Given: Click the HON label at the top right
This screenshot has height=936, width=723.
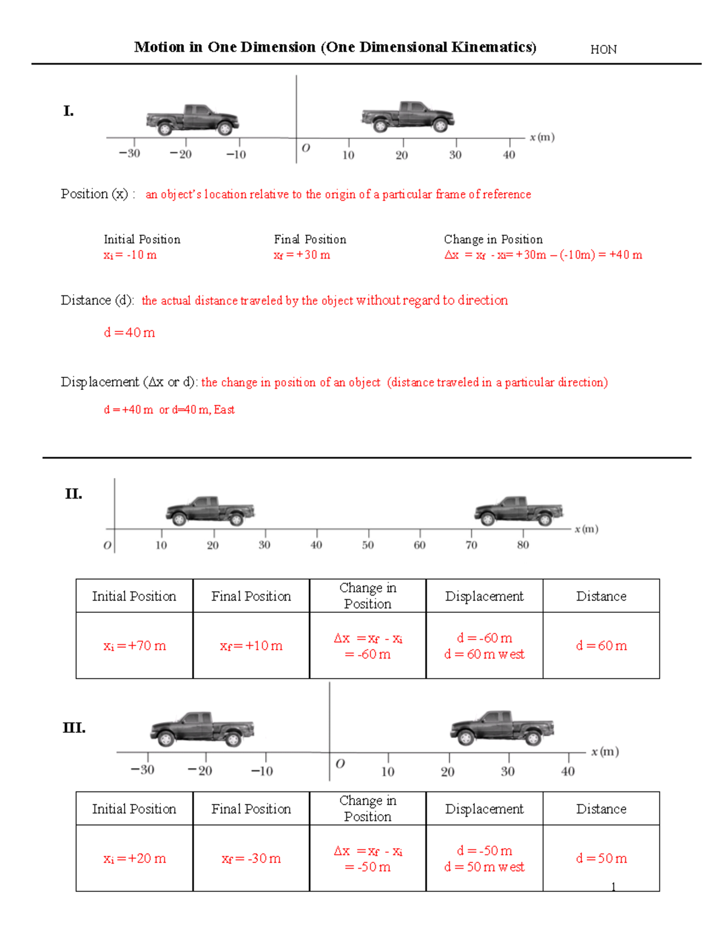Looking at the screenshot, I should tap(603, 49).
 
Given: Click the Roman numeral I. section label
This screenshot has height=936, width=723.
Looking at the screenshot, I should tap(69, 111).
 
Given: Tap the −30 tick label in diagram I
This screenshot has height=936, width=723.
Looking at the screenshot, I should tap(129, 154).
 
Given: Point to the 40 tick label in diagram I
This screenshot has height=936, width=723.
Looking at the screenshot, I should tap(509, 155).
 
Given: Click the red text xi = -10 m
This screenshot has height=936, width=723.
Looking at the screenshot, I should tap(130, 255).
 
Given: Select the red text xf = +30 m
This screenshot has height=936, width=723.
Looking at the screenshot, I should tap(302, 255).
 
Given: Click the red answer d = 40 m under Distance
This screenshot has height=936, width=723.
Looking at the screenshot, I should tap(130, 333).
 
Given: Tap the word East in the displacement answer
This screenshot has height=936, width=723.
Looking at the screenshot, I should tap(224, 410).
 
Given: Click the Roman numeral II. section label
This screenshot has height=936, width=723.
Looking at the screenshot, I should tap(74, 494).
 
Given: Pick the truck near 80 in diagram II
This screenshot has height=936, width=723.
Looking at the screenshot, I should tap(519, 511).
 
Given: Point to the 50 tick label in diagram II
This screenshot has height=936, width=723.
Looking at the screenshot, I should tap(368, 545).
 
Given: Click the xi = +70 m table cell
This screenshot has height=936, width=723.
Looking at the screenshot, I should tap(134, 645).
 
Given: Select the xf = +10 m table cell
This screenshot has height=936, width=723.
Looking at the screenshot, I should tap(251, 645).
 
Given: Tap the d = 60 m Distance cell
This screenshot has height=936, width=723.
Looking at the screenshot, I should tap(601, 645).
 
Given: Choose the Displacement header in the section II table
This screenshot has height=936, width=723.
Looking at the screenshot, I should tap(484, 596).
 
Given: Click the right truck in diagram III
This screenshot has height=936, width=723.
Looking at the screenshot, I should tap(502, 728).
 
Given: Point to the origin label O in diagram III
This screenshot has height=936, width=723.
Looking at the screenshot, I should tap(340, 764).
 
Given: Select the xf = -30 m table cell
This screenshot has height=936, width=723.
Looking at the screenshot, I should tap(251, 858).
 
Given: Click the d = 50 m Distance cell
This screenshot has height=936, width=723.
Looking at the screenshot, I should tap(601, 858).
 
